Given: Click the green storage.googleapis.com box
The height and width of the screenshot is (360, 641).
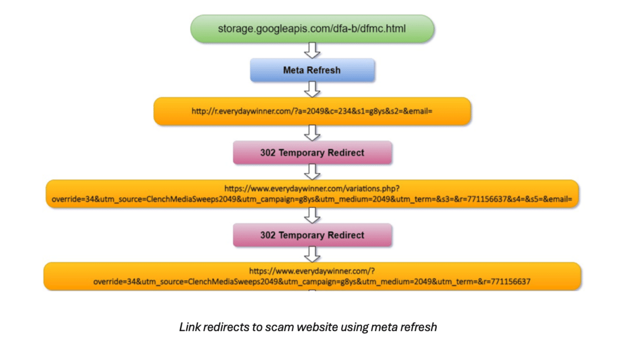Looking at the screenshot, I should [312, 28].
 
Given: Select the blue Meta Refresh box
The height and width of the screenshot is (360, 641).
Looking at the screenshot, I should [312, 71].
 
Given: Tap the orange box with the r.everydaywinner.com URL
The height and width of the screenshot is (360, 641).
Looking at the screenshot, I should [312, 111].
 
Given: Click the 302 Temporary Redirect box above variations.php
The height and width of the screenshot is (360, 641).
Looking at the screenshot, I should [312, 153].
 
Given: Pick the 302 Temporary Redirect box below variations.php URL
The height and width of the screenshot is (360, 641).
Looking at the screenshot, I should [312, 235].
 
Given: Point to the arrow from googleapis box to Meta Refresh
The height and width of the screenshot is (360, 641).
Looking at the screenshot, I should [313, 50].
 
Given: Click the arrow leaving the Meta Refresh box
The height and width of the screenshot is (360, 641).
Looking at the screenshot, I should [313, 89].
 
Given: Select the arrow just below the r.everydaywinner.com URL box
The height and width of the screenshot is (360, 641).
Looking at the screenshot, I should [313, 133].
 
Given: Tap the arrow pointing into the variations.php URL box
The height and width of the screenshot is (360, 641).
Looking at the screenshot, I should [313, 171].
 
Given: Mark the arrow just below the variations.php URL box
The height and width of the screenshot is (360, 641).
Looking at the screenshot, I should [313, 215].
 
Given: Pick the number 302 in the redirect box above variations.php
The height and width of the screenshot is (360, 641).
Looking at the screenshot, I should [268, 153].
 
